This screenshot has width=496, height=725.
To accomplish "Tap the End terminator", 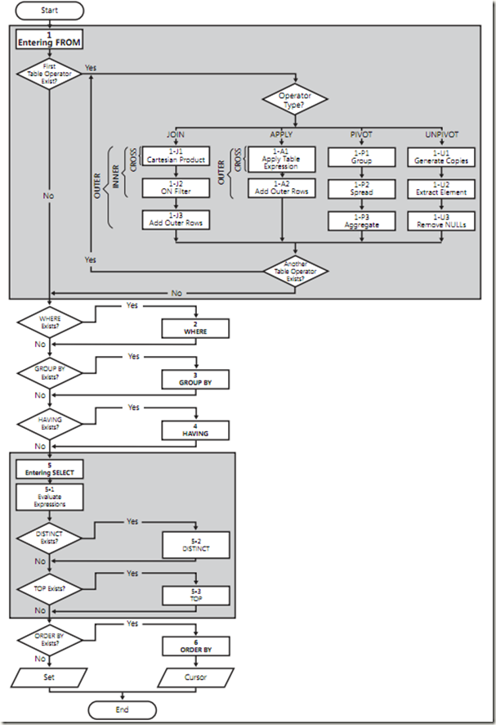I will point(122,709).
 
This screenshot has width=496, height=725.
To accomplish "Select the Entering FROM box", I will point(50,39).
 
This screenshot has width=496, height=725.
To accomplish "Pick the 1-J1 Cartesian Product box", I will point(175,155).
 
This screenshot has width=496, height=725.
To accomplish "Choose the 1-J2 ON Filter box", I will point(175,187).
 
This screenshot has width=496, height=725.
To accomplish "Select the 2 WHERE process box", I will point(195,327).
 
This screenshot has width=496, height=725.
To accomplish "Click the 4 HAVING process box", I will point(195,429).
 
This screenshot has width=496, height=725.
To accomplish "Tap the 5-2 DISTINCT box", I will point(195,544).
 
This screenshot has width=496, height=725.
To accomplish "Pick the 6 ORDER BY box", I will point(195,646).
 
